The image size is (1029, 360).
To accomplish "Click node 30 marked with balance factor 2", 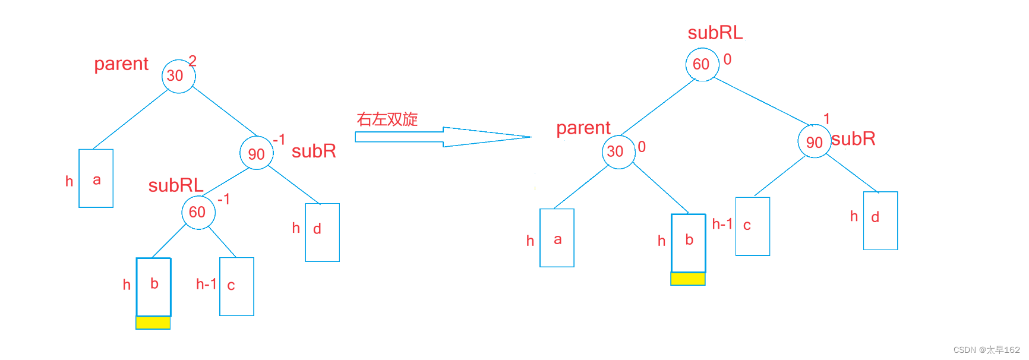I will (178, 76).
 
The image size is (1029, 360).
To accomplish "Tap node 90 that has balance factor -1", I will (257, 153).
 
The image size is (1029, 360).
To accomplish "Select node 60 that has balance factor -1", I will (198, 212).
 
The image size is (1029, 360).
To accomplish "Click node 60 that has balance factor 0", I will (702, 64).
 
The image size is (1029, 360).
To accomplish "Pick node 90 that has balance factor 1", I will (814, 141).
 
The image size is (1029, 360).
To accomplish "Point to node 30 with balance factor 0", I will (618, 152).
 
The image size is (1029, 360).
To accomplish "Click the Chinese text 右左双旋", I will (387, 119).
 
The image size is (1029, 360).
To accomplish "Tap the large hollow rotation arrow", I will (443, 137).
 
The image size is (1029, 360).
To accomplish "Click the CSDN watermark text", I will (986, 350).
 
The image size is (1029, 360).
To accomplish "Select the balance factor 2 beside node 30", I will (192, 61).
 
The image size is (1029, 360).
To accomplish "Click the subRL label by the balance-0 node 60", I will (715, 33).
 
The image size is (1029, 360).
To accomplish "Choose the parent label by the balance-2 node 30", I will (121, 64).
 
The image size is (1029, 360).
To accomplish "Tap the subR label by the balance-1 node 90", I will (853, 139).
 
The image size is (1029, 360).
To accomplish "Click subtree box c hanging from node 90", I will (753, 226).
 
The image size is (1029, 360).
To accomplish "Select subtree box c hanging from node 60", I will (236, 286).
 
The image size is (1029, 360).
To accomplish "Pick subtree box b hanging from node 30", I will (689, 243).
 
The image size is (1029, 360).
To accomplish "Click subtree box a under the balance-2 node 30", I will (96, 178).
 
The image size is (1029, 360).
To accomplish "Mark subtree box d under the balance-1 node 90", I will (880, 220).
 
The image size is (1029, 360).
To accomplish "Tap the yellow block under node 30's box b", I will (688, 279).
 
